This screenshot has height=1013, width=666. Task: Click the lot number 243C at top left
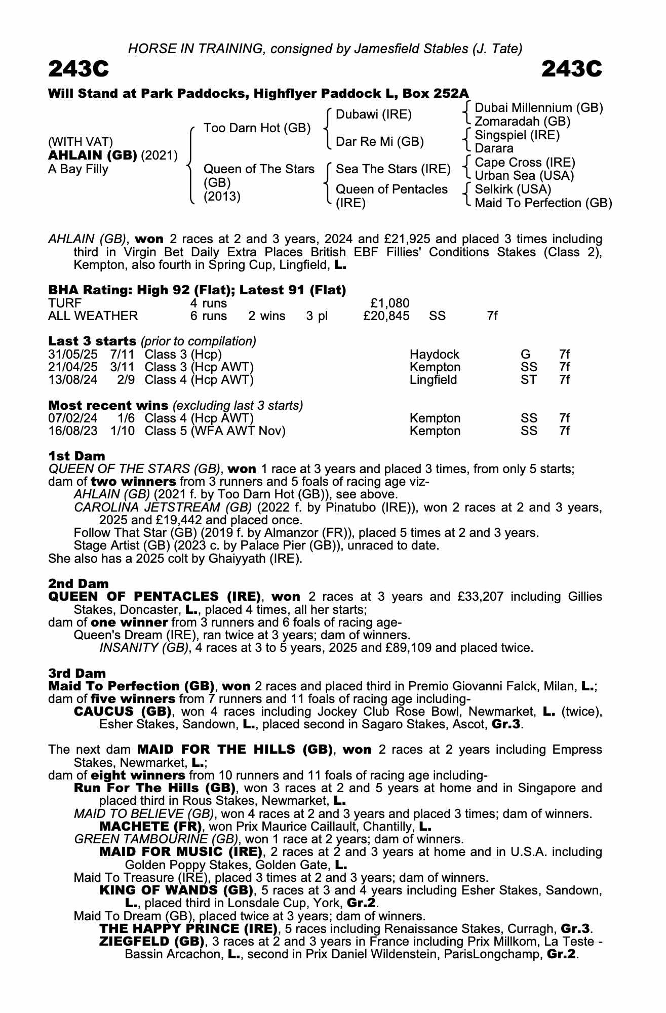pyautogui.click(x=79, y=69)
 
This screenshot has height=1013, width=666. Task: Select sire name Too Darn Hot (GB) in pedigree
pyautogui.click(x=257, y=128)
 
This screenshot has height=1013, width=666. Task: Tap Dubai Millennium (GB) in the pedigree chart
pyautogui.click(x=538, y=108)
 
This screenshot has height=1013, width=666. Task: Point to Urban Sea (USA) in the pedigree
pyautogui.click(x=524, y=176)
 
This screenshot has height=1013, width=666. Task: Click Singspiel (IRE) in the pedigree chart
pyautogui.click(x=517, y=135)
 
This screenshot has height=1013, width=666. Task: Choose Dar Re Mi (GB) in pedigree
pyautogui.click(x=379, y=142)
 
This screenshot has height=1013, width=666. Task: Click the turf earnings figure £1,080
pyautogui.click(x=390, y=303)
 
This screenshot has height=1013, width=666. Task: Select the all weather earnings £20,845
pyautogui.click(x=386, y=316)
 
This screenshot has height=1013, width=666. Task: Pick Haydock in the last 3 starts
pyautogui.click(x=434, y=355)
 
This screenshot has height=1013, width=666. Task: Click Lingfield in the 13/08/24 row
pyautogui.click(x=433, y=380)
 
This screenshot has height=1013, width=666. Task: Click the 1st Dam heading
pyautogui.click(x=76, y=456)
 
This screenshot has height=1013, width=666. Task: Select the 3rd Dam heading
pyautogui.click(x=77, y=673)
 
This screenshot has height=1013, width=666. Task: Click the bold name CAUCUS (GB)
pyautogui.click(x=121, y=712)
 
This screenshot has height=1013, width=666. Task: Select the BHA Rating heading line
pyautogui.click(x=197, y=290)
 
